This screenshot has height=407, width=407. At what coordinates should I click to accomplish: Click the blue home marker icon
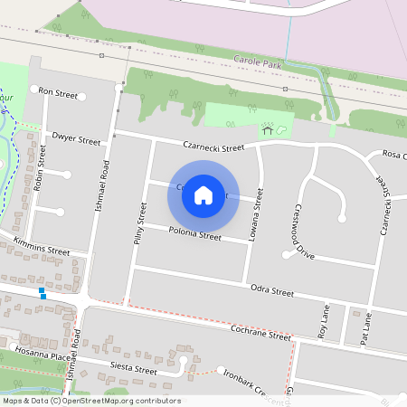[x=203, y=194]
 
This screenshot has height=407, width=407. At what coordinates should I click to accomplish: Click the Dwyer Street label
[x=76, y=140]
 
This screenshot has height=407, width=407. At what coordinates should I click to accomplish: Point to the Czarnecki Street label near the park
[x=213, y=147]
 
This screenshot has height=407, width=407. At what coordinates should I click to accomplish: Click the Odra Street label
[x=270, y=292]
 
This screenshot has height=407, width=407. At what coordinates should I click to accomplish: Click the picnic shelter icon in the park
[x=268, y=130]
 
